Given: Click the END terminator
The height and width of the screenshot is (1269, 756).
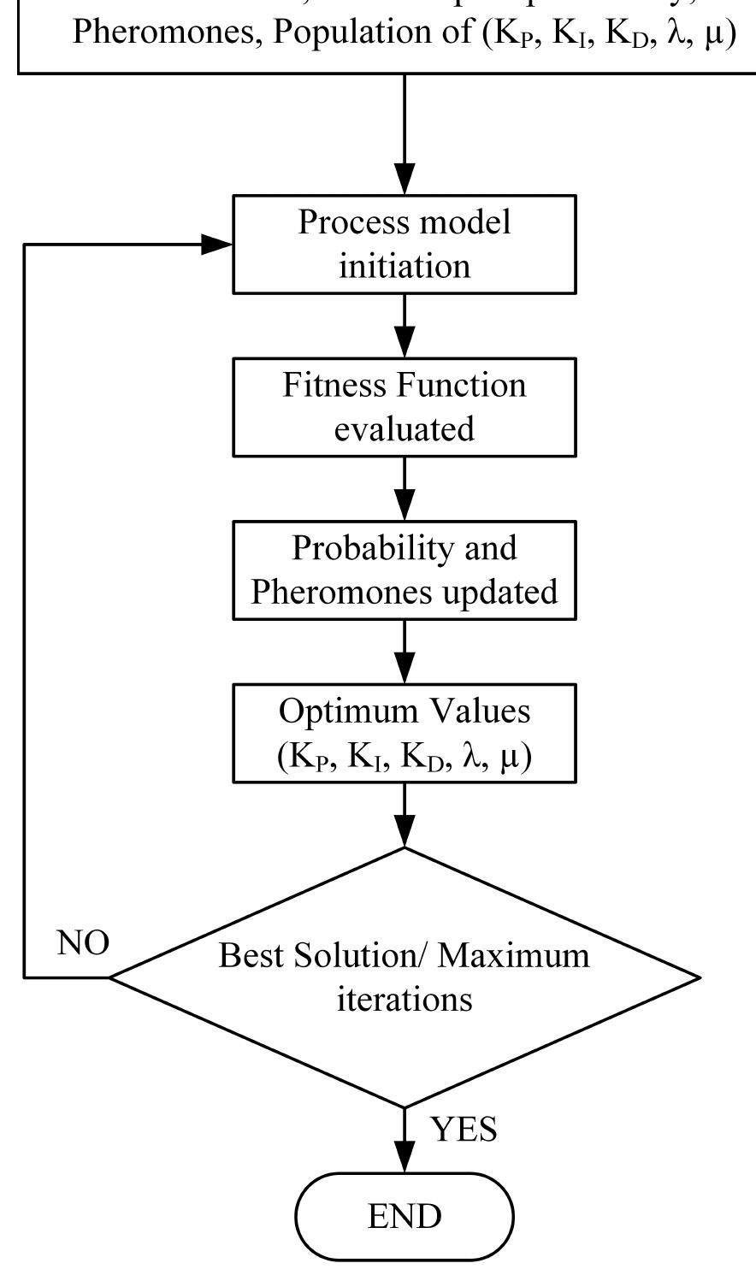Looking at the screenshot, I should [405, 1216].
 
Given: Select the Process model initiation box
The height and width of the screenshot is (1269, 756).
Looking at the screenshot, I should [405, 245].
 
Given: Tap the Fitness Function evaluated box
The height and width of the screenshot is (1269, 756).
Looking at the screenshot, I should [405, 407].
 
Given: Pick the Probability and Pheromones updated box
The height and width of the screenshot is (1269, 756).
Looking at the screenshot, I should [405, 570].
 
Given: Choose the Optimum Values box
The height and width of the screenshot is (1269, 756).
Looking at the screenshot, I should [405, 733].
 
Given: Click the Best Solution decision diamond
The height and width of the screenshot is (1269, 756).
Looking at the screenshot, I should [405, 977].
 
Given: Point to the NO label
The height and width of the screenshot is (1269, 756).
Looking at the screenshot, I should [83, 943].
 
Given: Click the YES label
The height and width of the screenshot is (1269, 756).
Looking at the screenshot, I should [464, 1130].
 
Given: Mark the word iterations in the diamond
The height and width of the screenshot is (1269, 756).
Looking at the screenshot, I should [405, 999].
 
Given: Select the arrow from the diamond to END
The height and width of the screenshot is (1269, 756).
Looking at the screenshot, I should [405, 1140].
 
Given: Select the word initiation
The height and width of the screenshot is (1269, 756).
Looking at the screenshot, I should [405, 266].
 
